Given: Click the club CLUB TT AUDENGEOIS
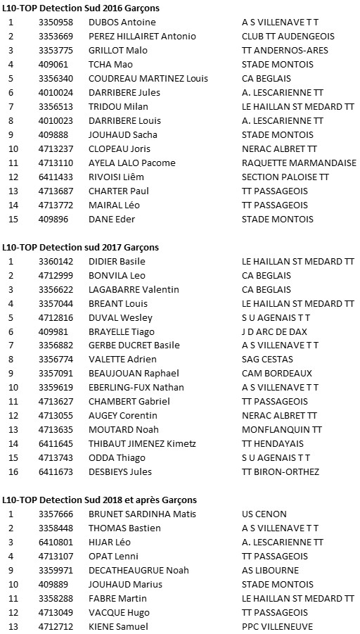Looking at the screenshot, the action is (288, 37).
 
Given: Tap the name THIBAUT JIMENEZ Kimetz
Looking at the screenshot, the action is (142, 443).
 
